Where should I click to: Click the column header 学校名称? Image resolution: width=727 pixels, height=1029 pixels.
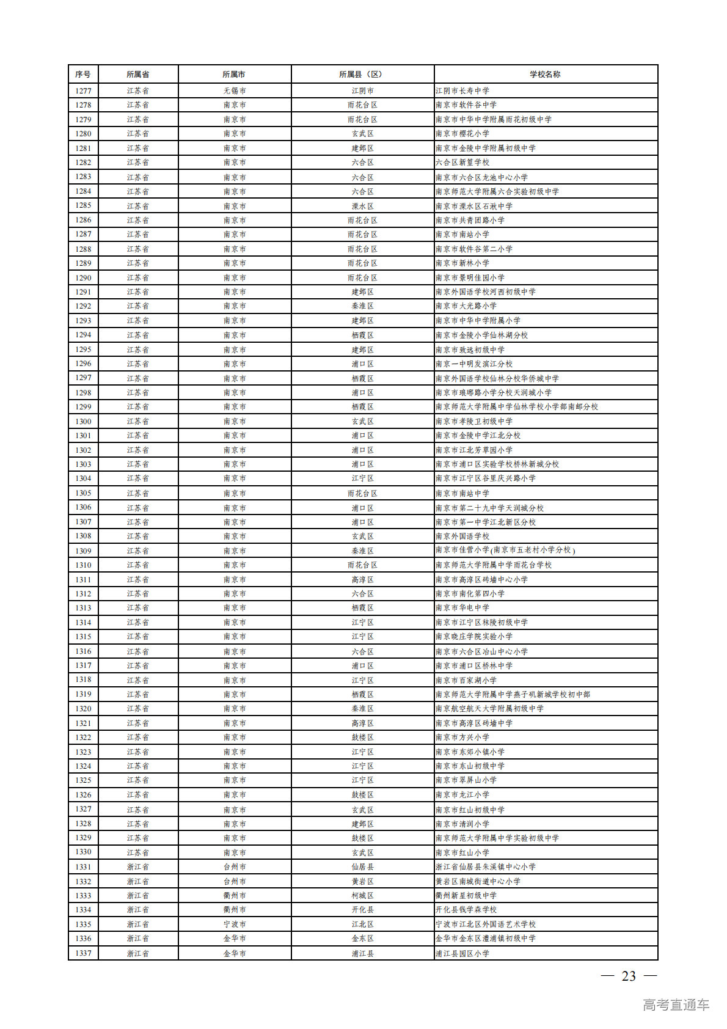545,74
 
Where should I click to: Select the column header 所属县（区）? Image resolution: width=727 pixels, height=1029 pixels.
362,74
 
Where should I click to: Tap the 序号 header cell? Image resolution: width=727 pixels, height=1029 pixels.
83,74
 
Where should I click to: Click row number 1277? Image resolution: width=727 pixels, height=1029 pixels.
83,90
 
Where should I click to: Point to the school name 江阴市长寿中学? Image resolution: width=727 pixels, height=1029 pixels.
462,90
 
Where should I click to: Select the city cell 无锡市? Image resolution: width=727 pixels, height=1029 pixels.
235,90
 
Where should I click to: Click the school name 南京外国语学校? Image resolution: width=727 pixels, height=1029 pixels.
462,536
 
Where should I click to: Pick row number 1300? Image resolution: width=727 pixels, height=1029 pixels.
83,421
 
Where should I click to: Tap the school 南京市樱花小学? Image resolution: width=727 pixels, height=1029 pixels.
462,133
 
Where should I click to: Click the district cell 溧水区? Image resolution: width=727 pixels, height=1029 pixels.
362,206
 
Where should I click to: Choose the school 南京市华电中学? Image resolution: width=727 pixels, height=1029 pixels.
462,607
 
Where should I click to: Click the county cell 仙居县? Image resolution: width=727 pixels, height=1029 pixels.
362,866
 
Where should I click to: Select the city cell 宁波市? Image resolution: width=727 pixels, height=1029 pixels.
235,924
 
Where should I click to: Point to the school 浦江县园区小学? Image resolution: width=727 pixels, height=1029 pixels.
462,953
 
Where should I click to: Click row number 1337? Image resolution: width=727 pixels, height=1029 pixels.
83,953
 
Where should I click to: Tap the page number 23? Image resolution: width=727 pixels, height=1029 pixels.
629,976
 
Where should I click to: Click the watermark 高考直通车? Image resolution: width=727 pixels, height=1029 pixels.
676,1005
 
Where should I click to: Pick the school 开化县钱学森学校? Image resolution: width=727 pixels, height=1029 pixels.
466,909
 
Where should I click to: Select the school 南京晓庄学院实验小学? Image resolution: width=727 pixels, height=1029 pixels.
474,636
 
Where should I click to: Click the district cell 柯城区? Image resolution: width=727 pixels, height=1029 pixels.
362,895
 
